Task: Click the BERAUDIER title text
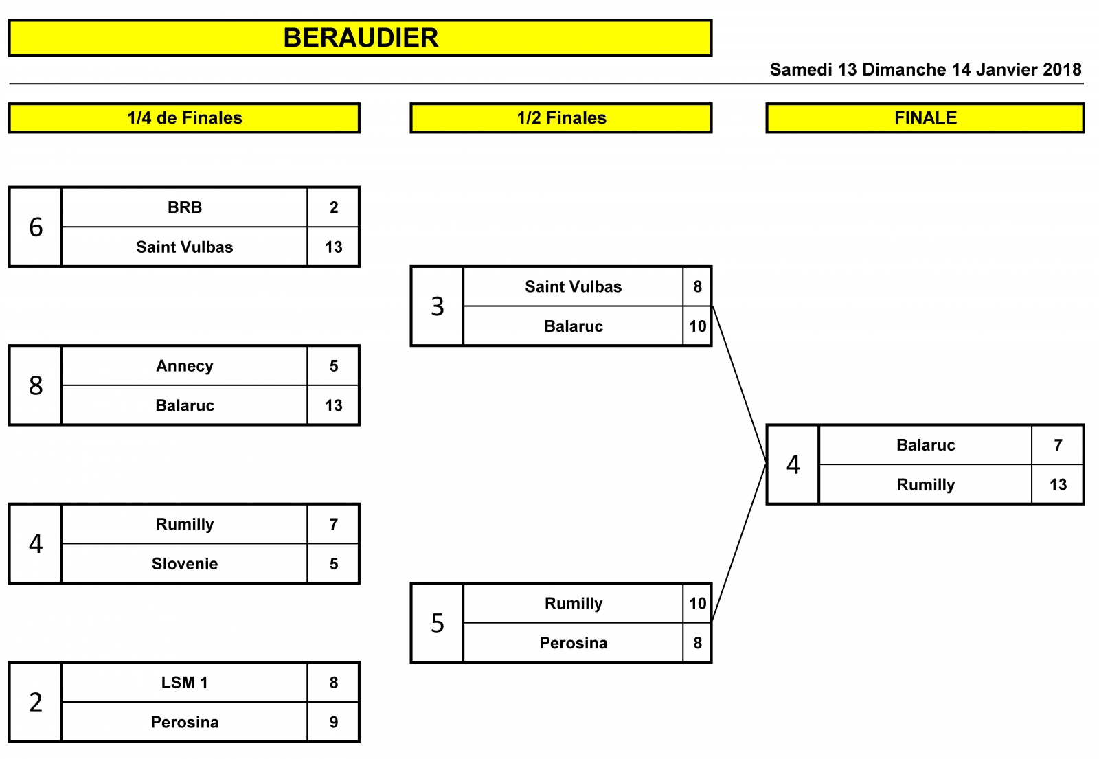click(361, 38)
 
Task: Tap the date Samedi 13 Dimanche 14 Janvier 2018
click(925, 69)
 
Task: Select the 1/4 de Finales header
click(185, 117)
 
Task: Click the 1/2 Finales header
click(561, 117)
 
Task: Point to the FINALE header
click(925, 117)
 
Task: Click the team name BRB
click(185, 207)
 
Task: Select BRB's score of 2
click(334, 207)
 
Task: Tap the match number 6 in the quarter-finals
click(36, 227)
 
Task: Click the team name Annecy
click(185, 366)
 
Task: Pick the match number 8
click(36, 385)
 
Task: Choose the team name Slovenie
click(185, 564)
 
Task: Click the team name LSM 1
click(185, 683)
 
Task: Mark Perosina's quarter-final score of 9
click(334, 722)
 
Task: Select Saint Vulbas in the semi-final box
click(573, 286)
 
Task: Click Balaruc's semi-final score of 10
click(697, 326)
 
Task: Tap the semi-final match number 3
click(437, 306)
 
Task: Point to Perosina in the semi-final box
click(573, 643)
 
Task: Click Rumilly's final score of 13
click(1058, 485)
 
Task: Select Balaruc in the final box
click(925, 445)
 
